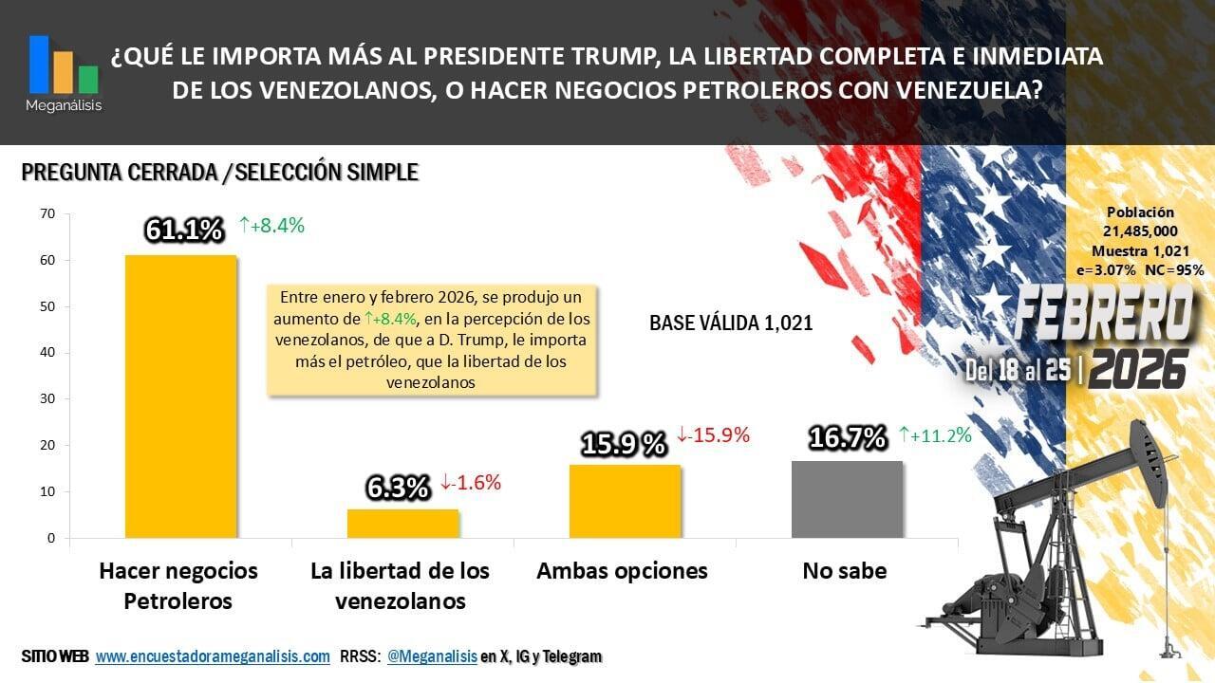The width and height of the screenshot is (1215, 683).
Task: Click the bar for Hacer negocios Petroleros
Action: point(180,397)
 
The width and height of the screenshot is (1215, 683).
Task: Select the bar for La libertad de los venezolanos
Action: point(402,524)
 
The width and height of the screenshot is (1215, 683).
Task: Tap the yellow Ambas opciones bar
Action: point(625,501)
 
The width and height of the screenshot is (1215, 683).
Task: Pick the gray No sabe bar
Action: point(847,499)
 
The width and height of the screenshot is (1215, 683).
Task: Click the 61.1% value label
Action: point(184,230)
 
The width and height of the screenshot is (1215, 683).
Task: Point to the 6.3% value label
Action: point(399,488)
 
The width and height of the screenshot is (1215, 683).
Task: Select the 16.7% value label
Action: point(848,437)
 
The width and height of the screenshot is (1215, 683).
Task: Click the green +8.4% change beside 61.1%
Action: point(271,226)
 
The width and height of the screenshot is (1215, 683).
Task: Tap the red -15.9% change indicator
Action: point(713,435)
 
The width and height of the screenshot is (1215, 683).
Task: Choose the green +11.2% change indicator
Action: point(936,435)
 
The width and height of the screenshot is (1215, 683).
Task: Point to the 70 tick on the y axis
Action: point(47,214)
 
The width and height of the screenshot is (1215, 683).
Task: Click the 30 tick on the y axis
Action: point(47,399)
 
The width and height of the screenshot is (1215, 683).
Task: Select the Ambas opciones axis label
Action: point(622,571)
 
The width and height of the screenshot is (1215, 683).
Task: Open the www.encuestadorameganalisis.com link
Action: point(213,656)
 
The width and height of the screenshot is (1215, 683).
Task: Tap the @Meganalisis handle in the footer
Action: point(432,656)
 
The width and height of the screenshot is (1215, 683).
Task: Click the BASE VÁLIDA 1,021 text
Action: point(731,323)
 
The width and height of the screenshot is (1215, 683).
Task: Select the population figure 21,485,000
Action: point(1140,231)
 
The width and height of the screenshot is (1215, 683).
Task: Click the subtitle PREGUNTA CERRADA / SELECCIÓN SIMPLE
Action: point(219,173)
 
